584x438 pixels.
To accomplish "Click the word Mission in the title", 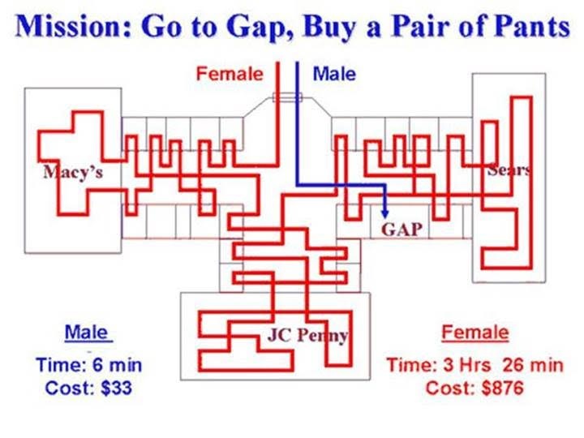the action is point(74,27).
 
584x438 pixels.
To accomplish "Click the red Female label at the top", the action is point(230,73).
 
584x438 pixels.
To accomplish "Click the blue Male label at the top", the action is point(334,73).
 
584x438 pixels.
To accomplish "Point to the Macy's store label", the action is point(73,172).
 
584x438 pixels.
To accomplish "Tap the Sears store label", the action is point(509,170).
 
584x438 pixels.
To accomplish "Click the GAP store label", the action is point(401,229).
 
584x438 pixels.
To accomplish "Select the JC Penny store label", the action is point(307,336).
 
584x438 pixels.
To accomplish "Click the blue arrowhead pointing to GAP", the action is point(385,213).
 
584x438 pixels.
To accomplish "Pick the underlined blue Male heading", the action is point(87,333).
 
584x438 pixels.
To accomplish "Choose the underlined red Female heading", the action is point(475,333).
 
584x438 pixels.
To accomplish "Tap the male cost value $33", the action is point(116,388).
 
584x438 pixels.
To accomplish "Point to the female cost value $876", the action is point(503,388).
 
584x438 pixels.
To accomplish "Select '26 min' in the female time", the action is point(533,365).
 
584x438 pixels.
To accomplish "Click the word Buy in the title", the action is point(329,28).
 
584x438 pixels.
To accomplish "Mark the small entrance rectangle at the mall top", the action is point(287,97).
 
